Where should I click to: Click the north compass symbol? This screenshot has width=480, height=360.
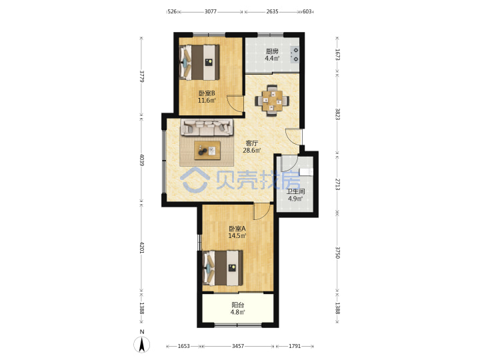coord(142,344)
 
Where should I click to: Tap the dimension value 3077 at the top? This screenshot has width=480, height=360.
coord(211,11)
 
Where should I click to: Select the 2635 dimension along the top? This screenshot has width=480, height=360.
coord(272,11)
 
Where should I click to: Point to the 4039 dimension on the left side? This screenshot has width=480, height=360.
coord(141,160)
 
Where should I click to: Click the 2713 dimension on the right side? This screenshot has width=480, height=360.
coord(337,184)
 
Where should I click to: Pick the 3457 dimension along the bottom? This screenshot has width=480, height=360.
coord(238,346)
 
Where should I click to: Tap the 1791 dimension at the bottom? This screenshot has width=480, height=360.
coord(295,346)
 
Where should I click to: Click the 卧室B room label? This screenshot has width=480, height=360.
coord(207,93)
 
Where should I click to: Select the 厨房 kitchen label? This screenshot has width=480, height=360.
coord(272,51)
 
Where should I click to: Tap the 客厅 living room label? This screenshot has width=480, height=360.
coord(252,143)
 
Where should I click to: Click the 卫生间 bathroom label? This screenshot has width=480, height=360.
coord(295,191)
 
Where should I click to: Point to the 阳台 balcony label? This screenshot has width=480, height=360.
coord(238,305)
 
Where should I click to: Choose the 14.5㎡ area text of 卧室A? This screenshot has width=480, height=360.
coord(237,236)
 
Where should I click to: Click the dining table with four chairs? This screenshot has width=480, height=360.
coord(272,101)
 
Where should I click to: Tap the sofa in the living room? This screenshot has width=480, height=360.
coord(207,127)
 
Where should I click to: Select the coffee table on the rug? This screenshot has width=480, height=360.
coord(207,150)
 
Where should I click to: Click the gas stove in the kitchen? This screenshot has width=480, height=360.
coord(295,55)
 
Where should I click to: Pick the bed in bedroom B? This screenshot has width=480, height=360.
coord(199,63)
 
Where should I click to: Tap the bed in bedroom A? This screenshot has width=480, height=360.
coord(223,268)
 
